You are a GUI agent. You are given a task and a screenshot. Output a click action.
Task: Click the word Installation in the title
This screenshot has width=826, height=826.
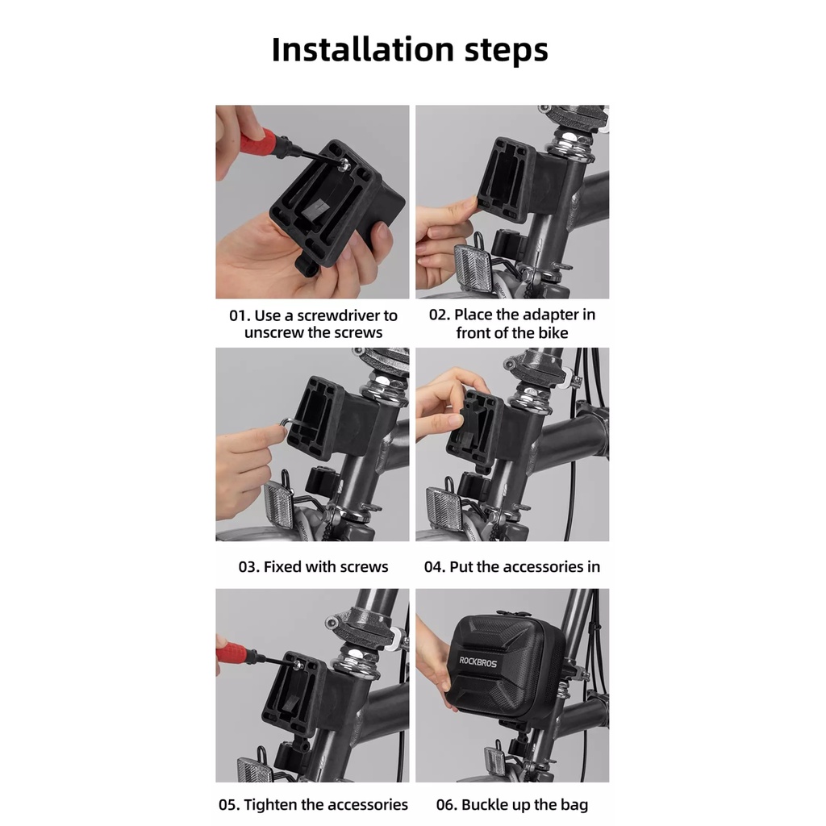[363, 49]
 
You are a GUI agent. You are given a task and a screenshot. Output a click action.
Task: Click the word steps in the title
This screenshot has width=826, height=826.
[507, 51]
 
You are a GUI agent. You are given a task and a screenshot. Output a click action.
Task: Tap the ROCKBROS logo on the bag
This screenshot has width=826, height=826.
[478, 661]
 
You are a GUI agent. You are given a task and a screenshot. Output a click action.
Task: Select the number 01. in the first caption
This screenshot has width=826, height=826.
[240, 315]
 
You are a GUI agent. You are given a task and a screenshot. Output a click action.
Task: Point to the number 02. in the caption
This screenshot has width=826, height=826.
[440, 315]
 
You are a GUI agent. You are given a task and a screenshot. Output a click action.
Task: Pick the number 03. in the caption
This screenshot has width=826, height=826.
[249, 567]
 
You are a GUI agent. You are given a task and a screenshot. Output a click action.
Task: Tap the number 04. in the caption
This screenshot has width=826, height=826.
[435, 567]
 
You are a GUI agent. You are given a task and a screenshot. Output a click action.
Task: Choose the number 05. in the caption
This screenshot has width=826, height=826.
[230, 805]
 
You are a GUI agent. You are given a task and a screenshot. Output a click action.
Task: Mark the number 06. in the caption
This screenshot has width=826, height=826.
[447, 805]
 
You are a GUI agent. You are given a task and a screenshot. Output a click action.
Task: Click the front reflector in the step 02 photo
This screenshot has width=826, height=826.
[473, 269]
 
